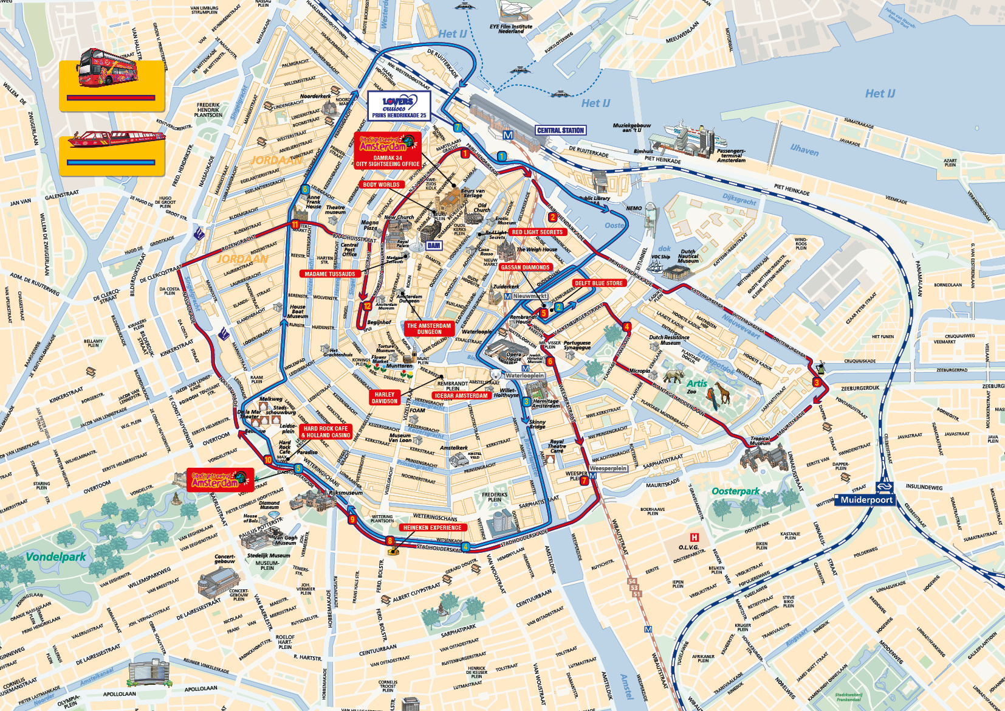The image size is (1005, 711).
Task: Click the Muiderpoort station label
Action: pyautogui.click(x=866, y=500)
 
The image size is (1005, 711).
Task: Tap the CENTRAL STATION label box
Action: pyautogui.click(x=560, y=130)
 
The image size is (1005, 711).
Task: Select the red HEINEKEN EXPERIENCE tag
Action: pyautogui.click(x=432, y=528)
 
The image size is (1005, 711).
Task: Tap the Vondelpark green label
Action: pyautogui.click(x=55, y=557)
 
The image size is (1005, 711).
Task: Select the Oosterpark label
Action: pyautogui.click(x=735, y=491)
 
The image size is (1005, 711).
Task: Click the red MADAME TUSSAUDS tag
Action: pyautogui.click(x=329, y=274)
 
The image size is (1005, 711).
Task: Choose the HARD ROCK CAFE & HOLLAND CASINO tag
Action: pyautogui.click(x=326, y=432)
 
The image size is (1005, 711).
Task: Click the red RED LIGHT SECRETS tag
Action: pyautogui.click(x=537, y=232)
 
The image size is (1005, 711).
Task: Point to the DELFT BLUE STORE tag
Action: pyautogui.click(x=599, y=283)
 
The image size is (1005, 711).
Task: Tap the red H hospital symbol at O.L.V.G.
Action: pyautogui.click(x=694, y=537)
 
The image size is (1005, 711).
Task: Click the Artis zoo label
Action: pyautogui.click(x=697, y=384)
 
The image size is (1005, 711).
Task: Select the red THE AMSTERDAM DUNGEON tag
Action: pyautogui.click(x=429, y=328)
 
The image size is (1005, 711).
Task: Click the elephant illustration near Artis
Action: pyautogui.click(x=673, y=376)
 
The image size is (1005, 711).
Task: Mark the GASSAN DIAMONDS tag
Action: pyautogui.click(x=526, y=267)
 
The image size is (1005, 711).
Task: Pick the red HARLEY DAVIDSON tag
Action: pyautogui.click(x=384, y=398)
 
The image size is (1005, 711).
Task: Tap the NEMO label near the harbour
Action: pyautogui.click(x=634, y=208)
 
